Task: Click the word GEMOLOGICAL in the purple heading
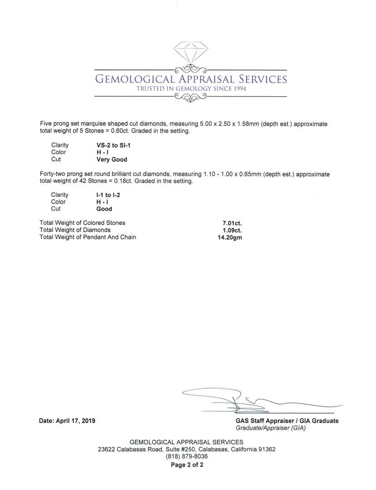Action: pos(134,79)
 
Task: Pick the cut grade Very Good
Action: pos(112,160)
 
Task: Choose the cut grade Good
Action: pos(104,209)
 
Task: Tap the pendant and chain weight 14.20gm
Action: pos(230,237)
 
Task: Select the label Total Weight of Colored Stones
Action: pos(83,223)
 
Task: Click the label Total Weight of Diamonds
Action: pos(75,230)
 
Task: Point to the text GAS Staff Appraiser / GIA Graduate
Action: pos(287,421)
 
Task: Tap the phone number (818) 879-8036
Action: pos(186,456)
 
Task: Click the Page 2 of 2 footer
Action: pos(186,465)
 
